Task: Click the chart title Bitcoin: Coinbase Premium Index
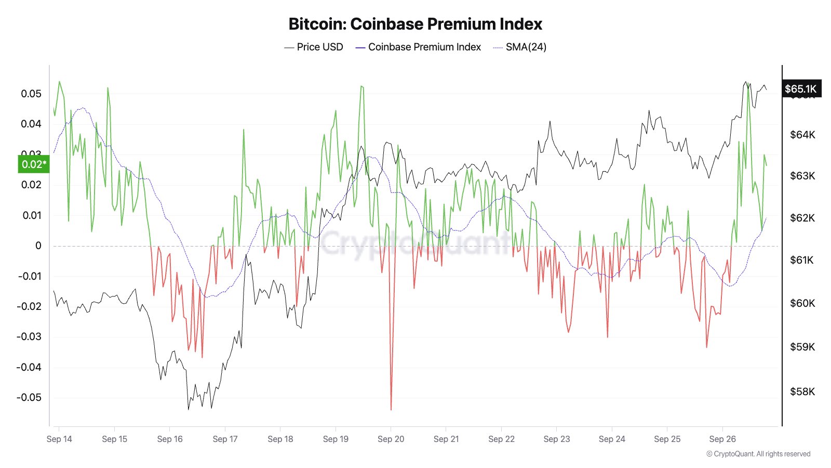point(415,24)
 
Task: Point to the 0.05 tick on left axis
point(31,94)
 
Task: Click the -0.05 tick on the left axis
point(29,397)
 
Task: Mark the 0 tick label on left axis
point(38,245)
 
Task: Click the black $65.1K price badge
point(800,89)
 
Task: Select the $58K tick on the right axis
point(802,392)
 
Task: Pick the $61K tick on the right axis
point(802,260)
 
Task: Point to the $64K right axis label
point(802,135)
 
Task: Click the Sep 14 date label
point(59,439)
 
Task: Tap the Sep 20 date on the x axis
point(391,439)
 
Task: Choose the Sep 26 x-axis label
point(722,439)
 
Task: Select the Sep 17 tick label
point(225,439)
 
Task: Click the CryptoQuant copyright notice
point(758,454)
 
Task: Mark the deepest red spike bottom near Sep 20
point(391,409)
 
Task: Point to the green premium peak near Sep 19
point(361,86)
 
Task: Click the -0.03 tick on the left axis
point(29,336)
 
